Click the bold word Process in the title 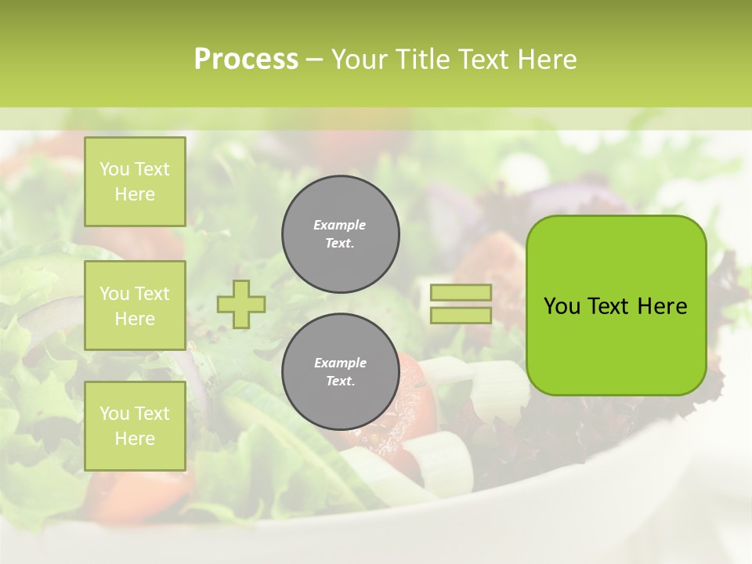pyautogui.click(x=246, y=60)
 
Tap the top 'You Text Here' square pyautogui.click(x=135, y=182)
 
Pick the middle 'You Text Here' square pyautogui.click(x=135, y=305)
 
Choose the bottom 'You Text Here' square pyautogui.click(x=135, y=426)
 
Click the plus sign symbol pyautogui.click(x=241, y=304)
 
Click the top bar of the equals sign pyautogui.click(x=461, y=292)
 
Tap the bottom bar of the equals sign pyautogui.click(x=461, y=315)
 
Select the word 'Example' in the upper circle pyautogui.click(x=339, y=225)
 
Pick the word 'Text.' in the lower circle pyautogui.click(x=340, y=381)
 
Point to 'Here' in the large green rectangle pyautogui.click(x=662, y=305)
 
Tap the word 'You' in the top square pyautogui.click(x=114, y=169)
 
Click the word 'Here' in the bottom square pyautogui.click(x=135, y=439)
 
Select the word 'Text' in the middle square pyautogui.click(x=151, y=294)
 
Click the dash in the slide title pyautogui.click(x=314, y=60)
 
